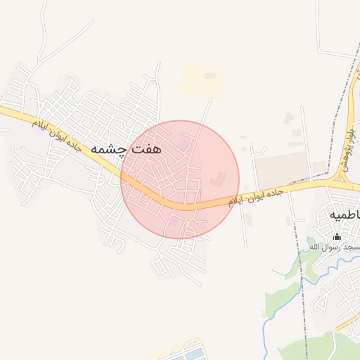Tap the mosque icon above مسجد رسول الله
pyautogui.click(x=336, y=237)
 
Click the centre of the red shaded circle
pyautogui.click(x=180, y=179)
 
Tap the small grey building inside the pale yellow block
pyautogui.click(x=210, y=75)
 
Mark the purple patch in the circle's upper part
pyautogui.click(x=184, y=145)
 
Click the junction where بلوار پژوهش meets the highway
pyautogui.click(x=343, y=181)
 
